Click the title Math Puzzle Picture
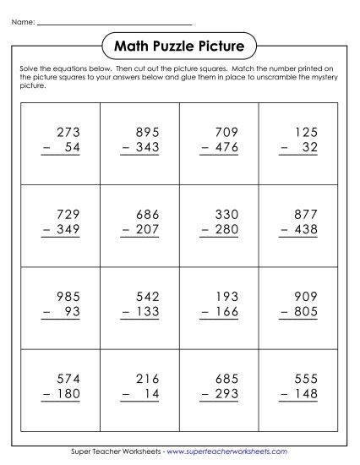pyautogui.click(x=179, y=44)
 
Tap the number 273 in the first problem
pyautogui.click(x=66, y=132)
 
